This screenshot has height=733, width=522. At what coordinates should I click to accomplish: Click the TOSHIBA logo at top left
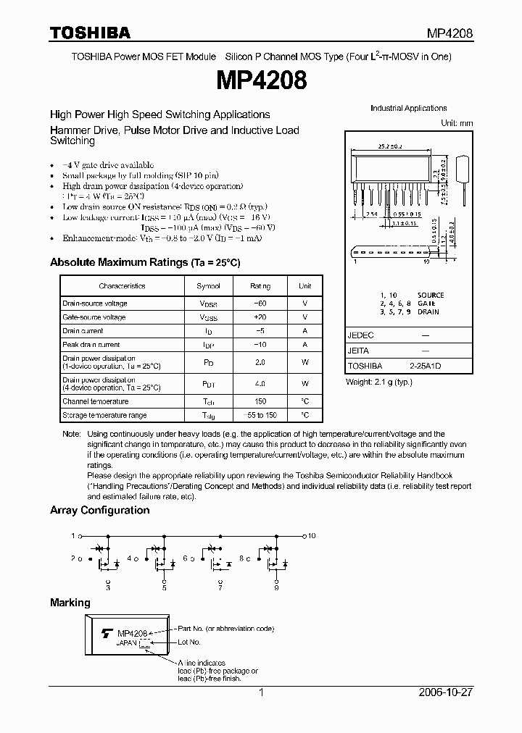90,33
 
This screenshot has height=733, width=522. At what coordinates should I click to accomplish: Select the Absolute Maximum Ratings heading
144,262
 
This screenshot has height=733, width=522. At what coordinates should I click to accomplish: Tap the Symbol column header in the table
209,286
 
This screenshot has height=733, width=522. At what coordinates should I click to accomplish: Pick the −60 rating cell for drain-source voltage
260,303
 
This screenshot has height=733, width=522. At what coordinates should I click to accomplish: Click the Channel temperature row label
95,401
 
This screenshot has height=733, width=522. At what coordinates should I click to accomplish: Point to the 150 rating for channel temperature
260,401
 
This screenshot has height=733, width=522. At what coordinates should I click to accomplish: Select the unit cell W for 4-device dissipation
305,384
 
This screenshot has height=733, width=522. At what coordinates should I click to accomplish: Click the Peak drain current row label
91,345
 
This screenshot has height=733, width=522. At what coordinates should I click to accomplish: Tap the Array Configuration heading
99,510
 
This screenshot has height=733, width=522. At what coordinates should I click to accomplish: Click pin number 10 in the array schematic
311,536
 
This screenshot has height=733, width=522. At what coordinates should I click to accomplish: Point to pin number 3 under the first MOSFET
108,587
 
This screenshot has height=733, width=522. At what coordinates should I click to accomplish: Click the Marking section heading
70,603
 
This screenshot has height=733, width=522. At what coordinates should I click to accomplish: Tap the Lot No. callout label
189,642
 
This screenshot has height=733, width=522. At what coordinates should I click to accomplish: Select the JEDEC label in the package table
360,336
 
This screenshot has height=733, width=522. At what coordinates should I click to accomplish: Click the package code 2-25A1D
424,366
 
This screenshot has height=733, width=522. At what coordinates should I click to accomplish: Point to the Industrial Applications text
409,108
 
